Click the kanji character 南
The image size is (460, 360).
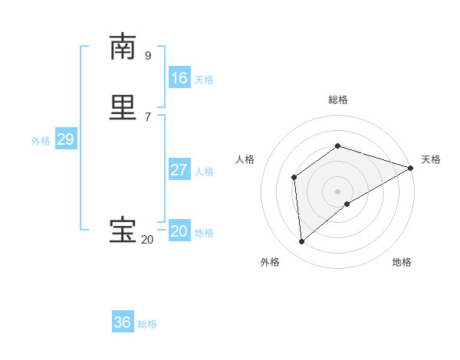coord(123,47)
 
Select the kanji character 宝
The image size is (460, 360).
coord(123,231)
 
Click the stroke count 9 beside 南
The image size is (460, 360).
coord(148,55)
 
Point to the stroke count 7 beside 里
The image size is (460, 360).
coord(148,116)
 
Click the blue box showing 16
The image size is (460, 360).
coord(179,78)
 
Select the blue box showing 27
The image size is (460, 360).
coord(179,170)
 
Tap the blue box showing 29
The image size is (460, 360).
coord(65,139)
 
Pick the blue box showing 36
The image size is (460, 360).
coord(123,322)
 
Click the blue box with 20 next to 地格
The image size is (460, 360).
coord(179,231)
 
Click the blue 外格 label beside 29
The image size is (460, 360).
coord(41,141)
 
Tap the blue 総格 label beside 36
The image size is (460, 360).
coord(147,324)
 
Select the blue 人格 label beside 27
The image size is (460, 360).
coord(204,172)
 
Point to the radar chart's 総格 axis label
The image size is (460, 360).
coord(337,100)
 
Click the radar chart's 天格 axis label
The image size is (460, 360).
coord(431,159)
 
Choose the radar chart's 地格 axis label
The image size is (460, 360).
coord(402,262)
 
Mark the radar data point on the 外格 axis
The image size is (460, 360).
coord(301,242)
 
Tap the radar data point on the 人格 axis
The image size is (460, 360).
coord(294,177)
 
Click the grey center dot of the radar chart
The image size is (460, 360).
coord(337,191)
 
